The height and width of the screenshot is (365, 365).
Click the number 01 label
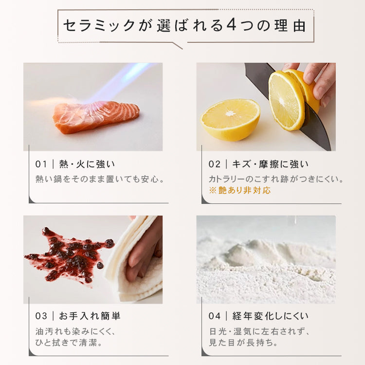click(41, 164)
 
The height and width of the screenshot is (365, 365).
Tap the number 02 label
click(215, 164)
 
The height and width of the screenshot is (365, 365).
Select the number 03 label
click(41, 316)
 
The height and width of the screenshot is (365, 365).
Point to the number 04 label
click(215, 316)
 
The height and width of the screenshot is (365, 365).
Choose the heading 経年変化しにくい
click(271, 316)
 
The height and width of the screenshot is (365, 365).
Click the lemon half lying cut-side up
click(230, 118)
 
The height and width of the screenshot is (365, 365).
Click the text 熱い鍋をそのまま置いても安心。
click(100, 179)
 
